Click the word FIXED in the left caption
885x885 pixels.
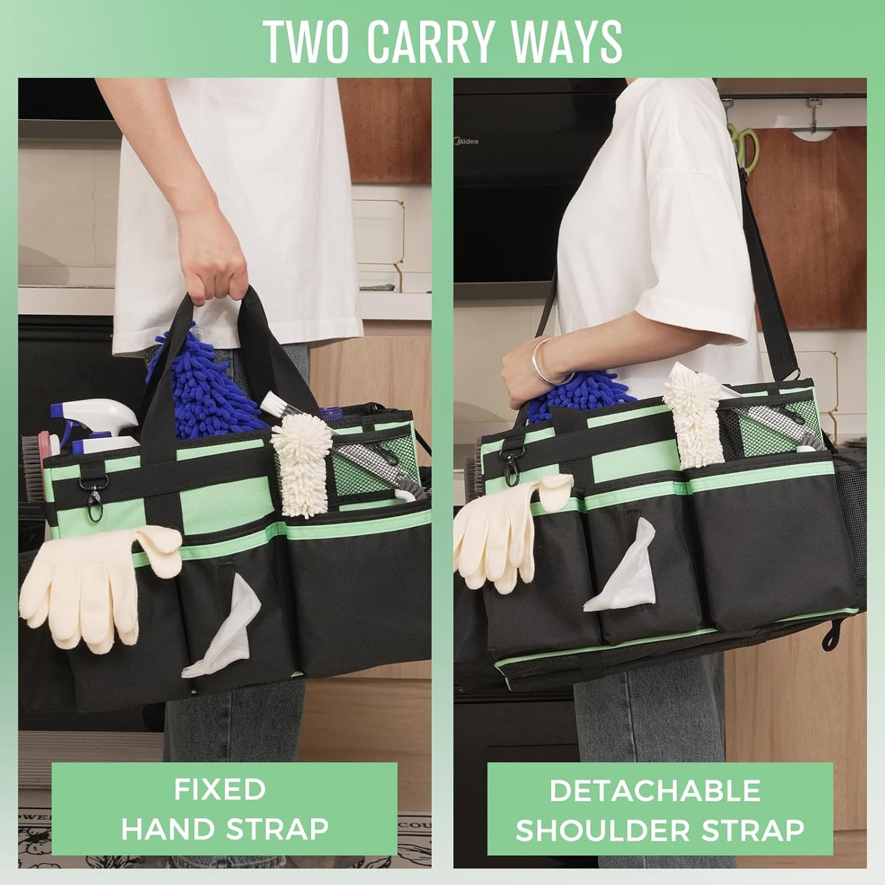[x=219, y=789]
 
